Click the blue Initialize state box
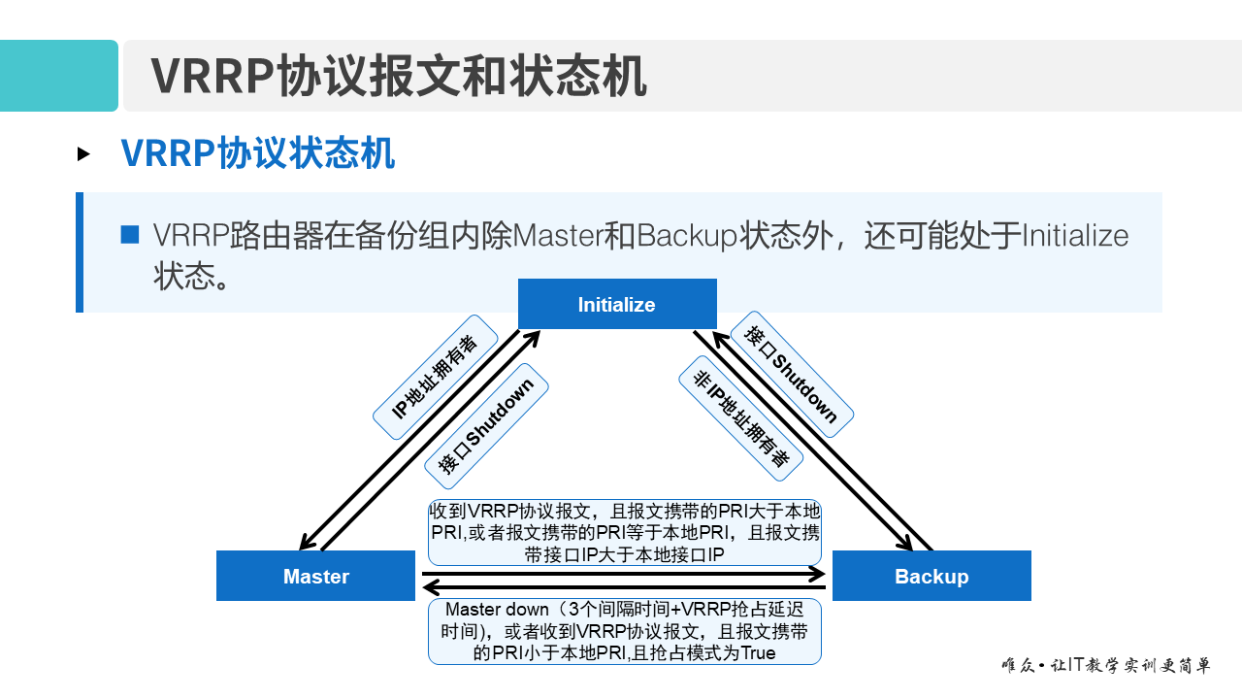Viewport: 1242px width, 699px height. tap(617, 304)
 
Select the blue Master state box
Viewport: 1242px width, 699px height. tap(315, 576)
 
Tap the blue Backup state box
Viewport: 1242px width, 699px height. tap(931, 576)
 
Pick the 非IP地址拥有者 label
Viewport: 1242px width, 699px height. tap(740, 418)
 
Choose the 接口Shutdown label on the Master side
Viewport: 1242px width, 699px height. tap(486, 425)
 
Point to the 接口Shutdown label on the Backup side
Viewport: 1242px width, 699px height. tap(791, 374)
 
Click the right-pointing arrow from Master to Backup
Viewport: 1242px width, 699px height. tap(623, 575)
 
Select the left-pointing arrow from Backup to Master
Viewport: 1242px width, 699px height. tap(623, 587)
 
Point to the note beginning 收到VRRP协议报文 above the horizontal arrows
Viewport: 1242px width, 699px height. tap(624, 532)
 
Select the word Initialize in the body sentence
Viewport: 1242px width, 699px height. tap(1075, 236)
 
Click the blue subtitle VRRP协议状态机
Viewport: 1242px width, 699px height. tap(257, 153)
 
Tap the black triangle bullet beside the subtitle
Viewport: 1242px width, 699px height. tap(83, 153)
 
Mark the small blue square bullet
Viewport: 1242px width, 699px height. tap(130, 235)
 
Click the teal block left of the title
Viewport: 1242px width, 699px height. tap(58, 76)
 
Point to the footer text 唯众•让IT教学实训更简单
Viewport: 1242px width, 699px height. tap(1105, 666)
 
